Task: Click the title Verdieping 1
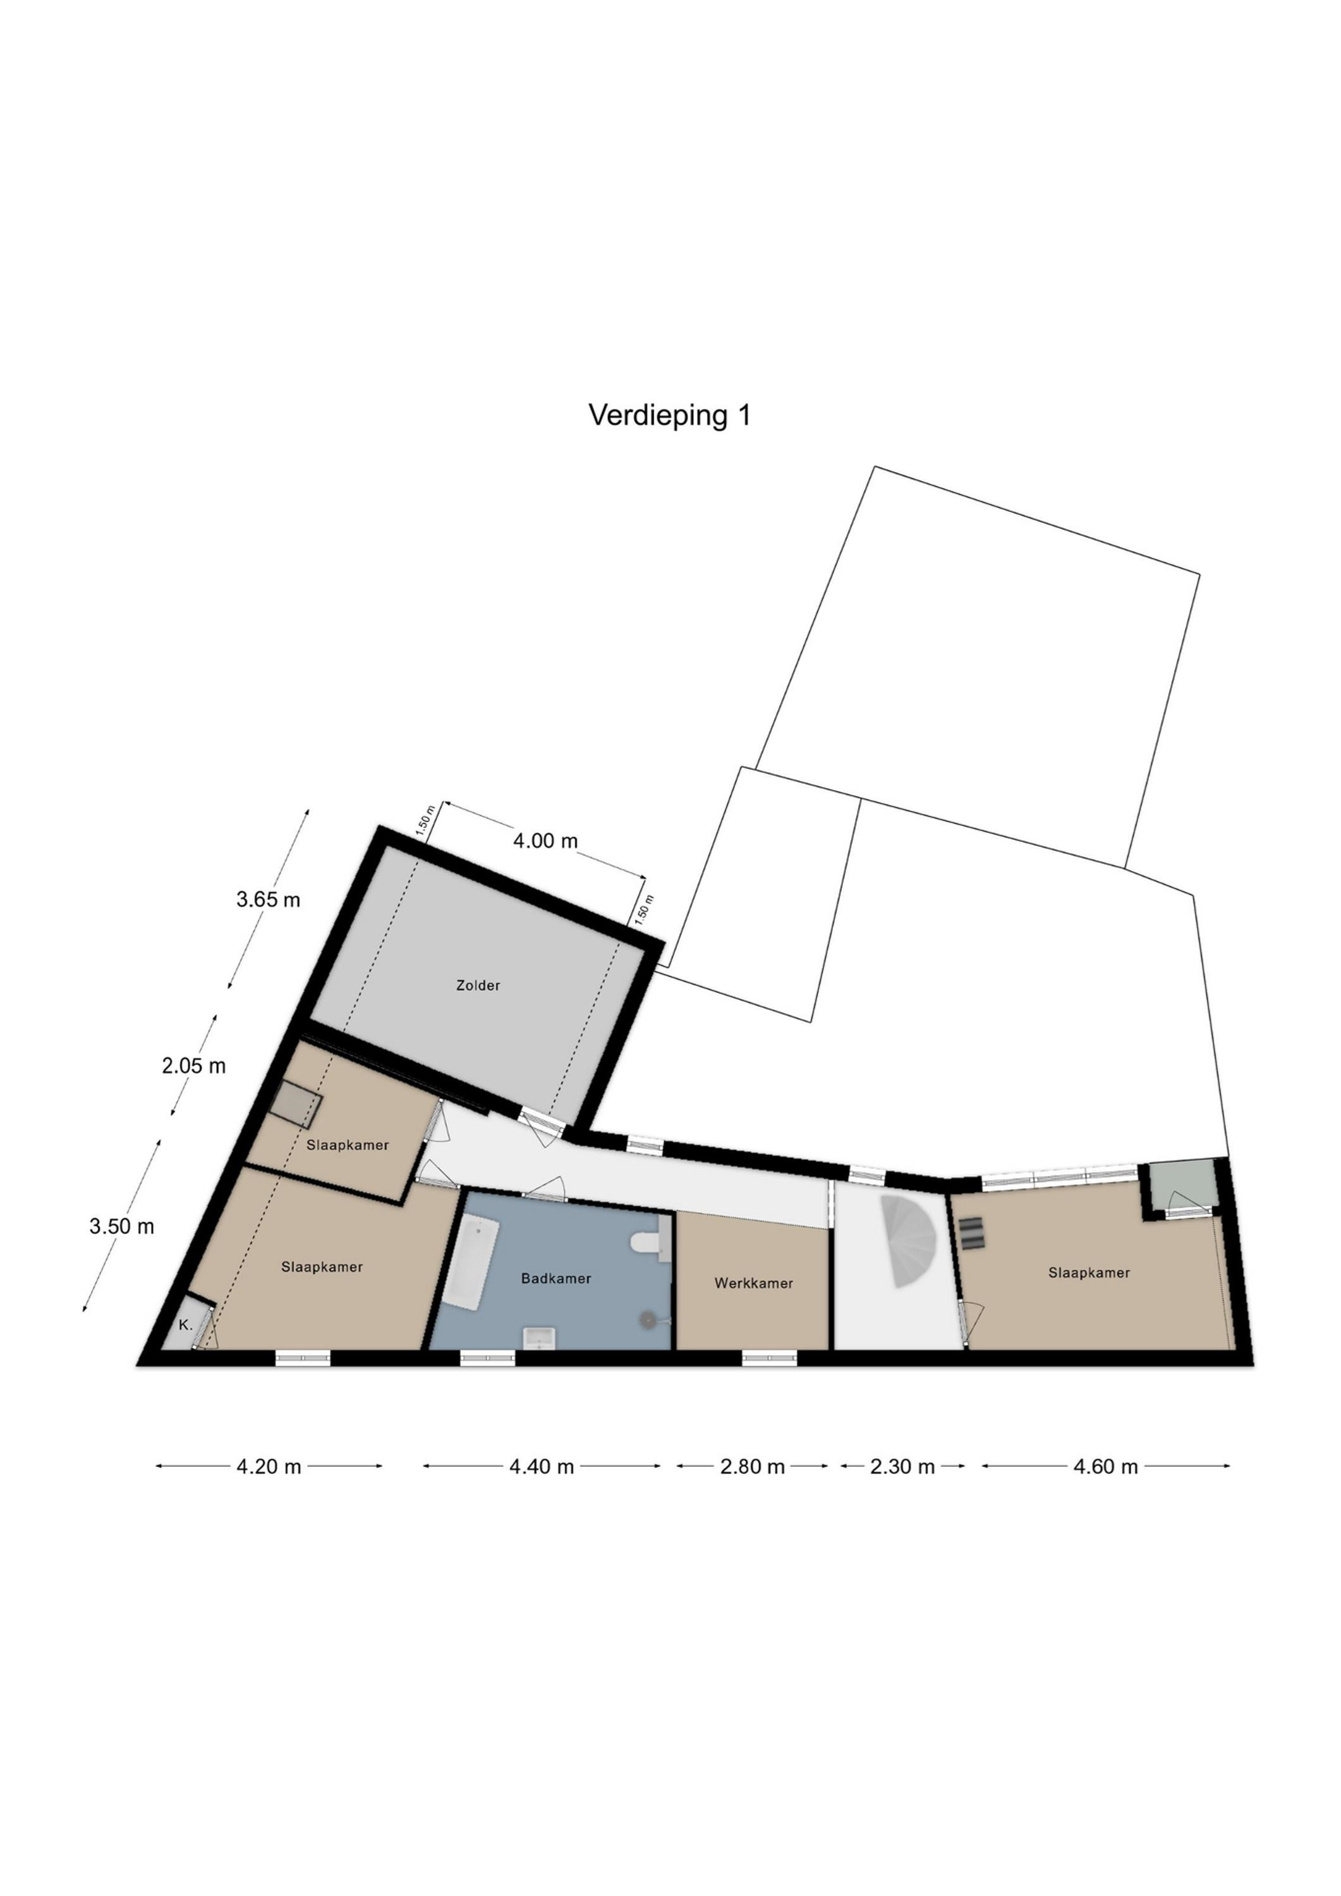670,415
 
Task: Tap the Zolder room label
478,985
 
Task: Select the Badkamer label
555,1279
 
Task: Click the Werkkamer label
754,1283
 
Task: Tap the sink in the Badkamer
540,1336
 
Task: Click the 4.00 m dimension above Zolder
546,841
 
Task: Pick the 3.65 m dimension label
269,899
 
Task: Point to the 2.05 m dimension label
193,1066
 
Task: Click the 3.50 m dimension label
121,1226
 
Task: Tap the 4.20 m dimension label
269,1467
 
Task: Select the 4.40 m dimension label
542,1467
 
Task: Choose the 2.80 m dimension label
752,1467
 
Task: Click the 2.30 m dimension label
902,1467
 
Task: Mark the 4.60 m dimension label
1106,1467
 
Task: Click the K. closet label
186,1325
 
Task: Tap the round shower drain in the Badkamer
646,1320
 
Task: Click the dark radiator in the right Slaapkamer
972,1234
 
